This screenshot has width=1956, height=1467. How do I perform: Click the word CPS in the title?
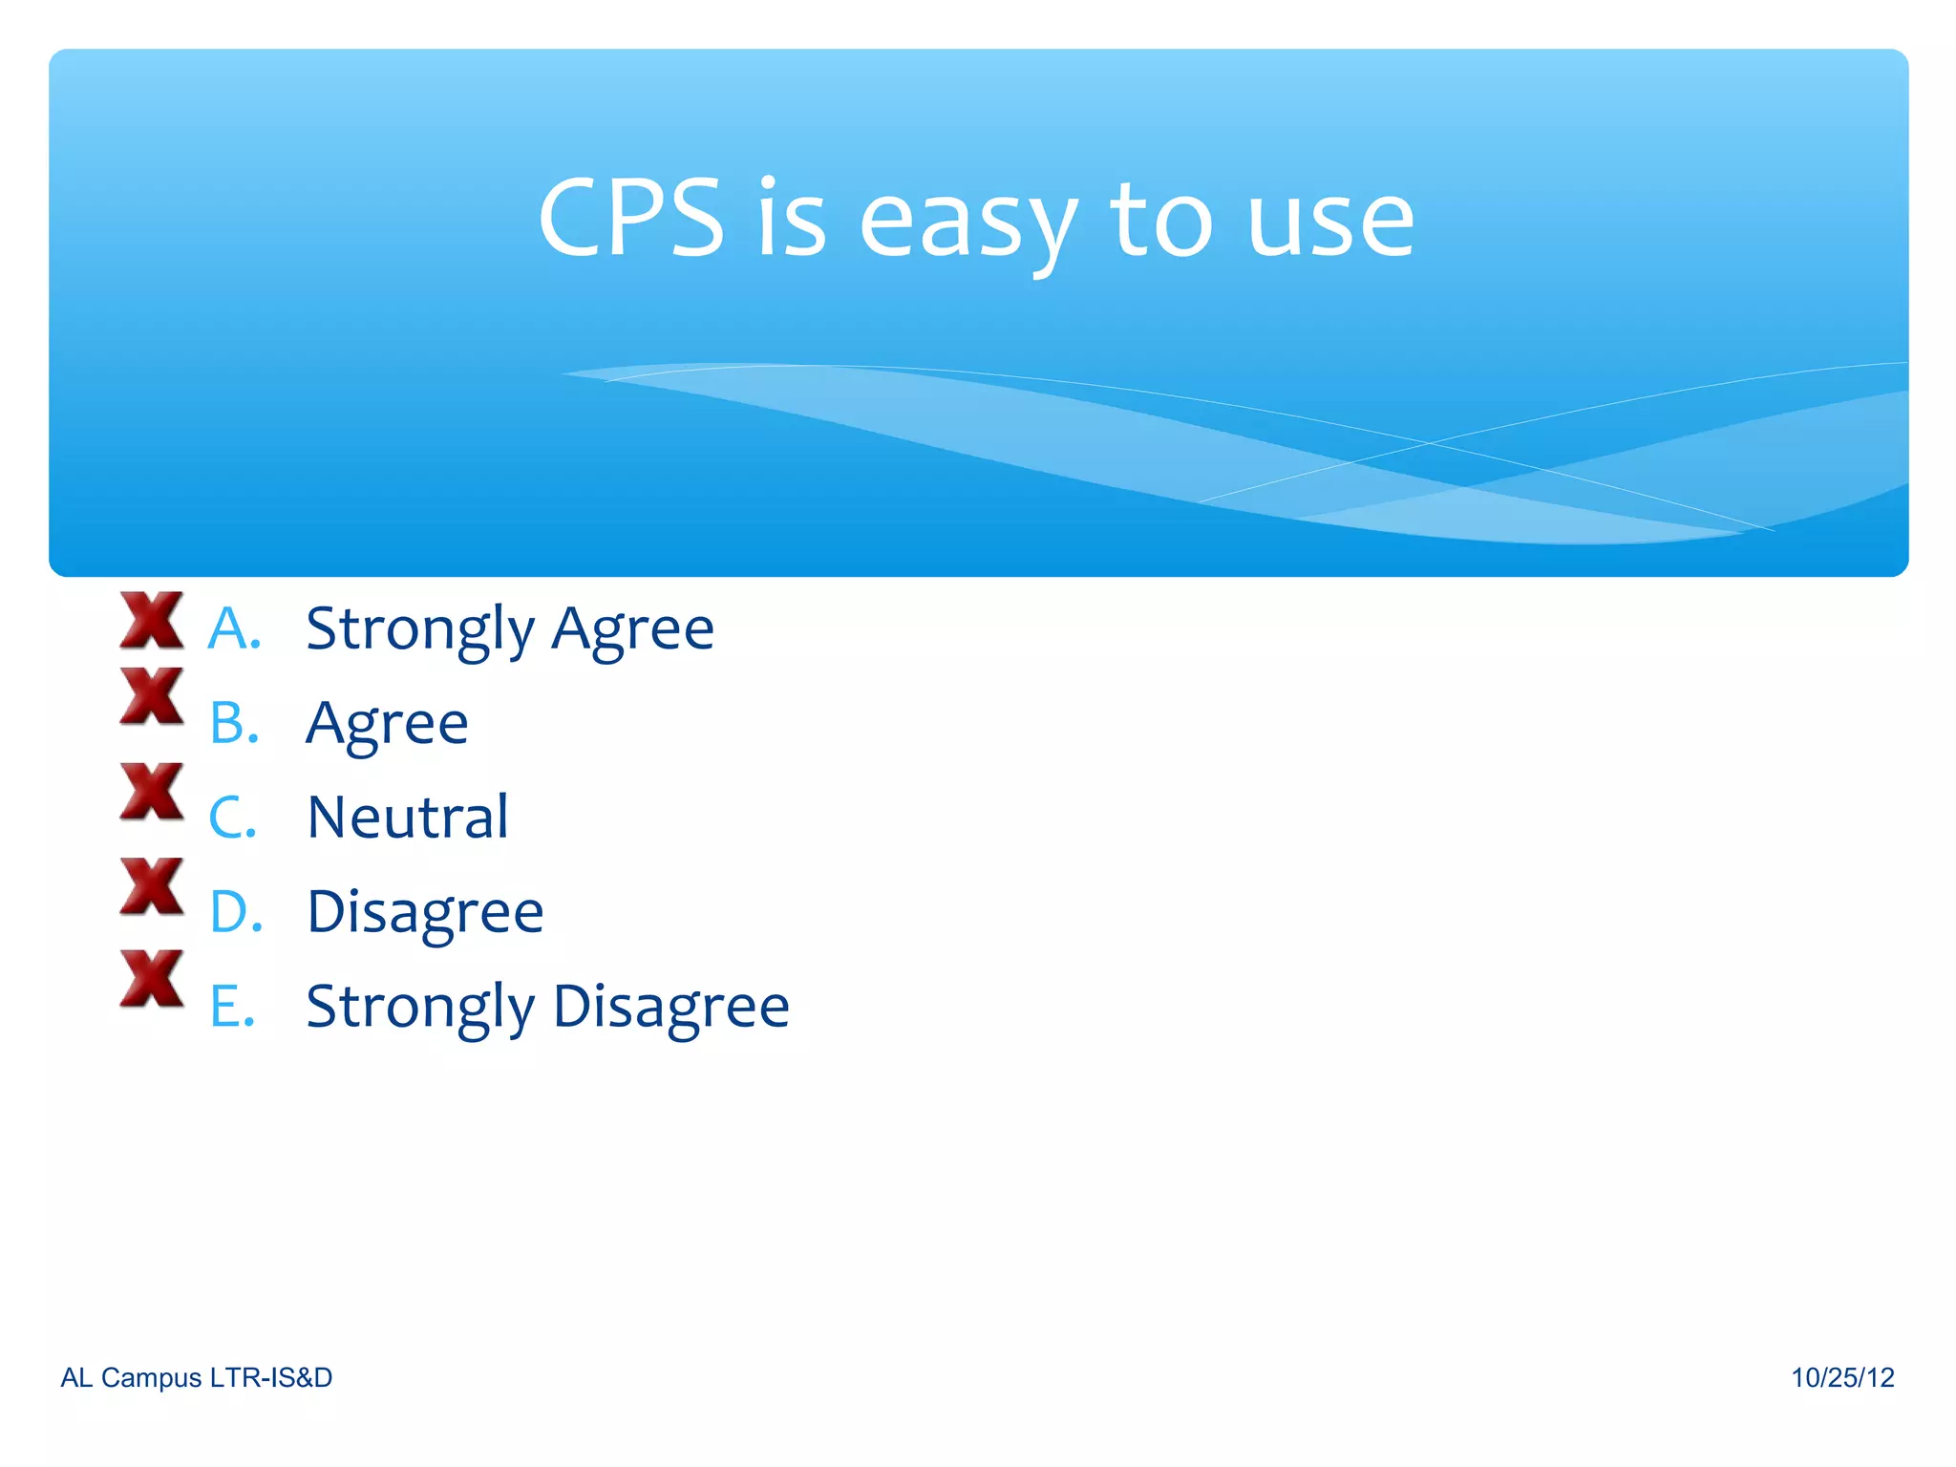pyautogui.click(x=631, y=220)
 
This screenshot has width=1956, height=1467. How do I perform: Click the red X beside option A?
pyautogui.click(x=152, y=621)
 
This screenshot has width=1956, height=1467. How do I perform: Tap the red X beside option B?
pyautogui.click(x=152, y=695)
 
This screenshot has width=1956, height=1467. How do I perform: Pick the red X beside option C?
pyautogui.click(x=152, y=791)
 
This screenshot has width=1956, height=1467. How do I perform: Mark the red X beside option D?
pyautogui.click(x=152, y=885)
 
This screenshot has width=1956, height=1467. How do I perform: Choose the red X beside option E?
pyautogui.click(x=152, y=978)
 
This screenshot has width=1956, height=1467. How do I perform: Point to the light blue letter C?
pyautogui.click(x=230, y=819)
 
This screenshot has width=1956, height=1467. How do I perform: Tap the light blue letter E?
pyautogui.click(x=230, y=1007)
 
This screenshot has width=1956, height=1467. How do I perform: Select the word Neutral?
pyautogui.click(x=408, y=818)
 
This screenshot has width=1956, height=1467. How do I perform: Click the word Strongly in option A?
pyautogui.click(x=420, y=630)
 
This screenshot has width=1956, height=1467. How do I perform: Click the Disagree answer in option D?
pyautogui.click(x=425, y=913)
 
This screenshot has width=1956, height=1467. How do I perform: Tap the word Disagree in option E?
pyautogui.click(x=670, y=1008)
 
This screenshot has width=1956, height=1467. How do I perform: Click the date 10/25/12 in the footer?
pyautogui.click(x=1842, y=1377)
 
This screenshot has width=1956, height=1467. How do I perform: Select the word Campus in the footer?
pyautogui.click(x=151, y=1377)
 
